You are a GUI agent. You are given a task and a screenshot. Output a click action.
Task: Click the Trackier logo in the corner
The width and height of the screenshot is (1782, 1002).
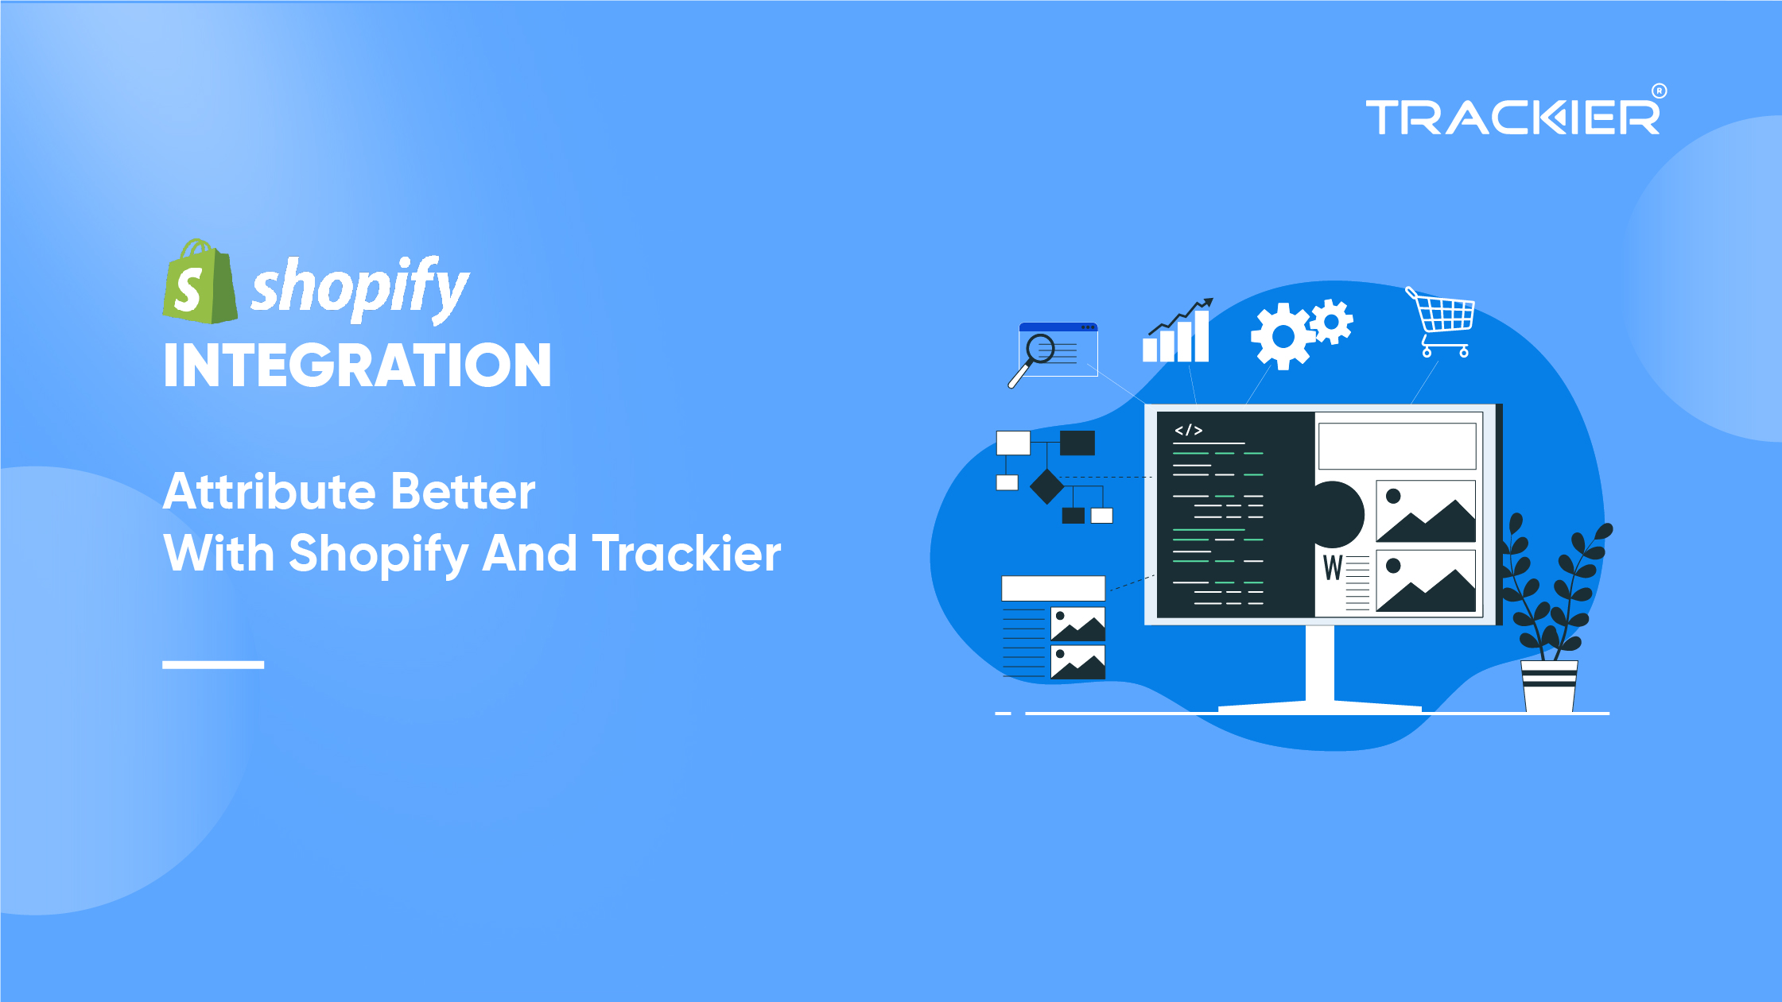click(x=1512, y=118)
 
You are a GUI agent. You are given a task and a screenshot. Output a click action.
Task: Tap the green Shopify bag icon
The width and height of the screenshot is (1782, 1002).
click(x=199, y=283)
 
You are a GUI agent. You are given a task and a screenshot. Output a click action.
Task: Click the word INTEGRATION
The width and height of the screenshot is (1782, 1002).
click(x=357, y=366)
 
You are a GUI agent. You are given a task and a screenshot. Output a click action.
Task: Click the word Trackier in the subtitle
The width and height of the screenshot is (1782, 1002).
click(x=687, y=553)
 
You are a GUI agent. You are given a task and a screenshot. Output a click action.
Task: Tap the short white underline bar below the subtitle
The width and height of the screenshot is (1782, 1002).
click(x=213, y=664)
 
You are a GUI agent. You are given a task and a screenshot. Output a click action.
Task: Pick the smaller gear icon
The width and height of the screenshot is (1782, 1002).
click(x=1332, y=322)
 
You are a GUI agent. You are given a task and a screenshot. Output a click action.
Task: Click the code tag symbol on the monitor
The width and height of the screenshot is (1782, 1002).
click(x=1188, y=431)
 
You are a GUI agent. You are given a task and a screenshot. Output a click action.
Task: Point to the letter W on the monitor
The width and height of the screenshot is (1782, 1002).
click(x=1332, y=568)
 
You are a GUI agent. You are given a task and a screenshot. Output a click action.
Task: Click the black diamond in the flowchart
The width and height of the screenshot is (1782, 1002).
click(x=1046, y=486)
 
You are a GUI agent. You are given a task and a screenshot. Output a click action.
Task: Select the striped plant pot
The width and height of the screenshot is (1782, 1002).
click(x=1548, y=685)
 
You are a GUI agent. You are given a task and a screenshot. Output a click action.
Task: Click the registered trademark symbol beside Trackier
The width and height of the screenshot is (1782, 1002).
click(x=1659, y=91)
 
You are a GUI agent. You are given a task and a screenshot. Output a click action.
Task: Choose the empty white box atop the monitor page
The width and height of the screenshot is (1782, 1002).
click(x=1396, y=446)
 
